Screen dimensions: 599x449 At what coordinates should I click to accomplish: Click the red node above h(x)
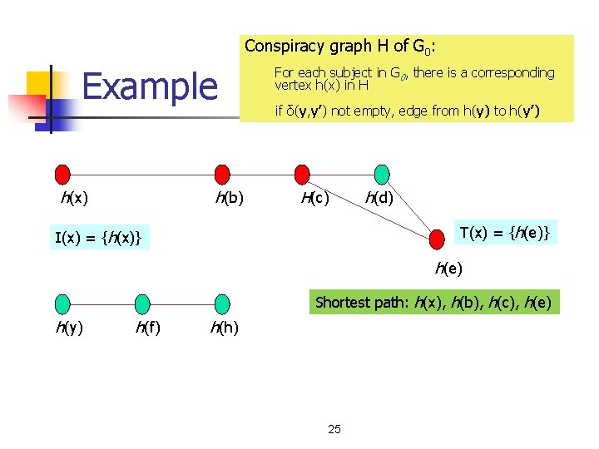coord(62,174)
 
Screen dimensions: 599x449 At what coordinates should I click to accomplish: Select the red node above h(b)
coord(222,174)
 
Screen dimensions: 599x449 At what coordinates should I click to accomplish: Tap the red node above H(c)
coord(302,174)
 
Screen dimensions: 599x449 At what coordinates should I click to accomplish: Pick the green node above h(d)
coord(382,174)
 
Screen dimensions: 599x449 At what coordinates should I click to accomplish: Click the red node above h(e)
coord(438,239)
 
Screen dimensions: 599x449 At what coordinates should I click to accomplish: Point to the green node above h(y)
coord(62,303)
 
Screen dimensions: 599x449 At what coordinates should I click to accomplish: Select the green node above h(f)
coord(142,303)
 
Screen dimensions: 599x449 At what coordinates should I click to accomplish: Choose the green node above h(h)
coord(222,303)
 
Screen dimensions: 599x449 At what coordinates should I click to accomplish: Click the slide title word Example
coord(150,86)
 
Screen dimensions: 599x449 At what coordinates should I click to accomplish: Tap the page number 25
coord(334,429)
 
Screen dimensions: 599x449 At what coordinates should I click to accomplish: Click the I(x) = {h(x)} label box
coord(98,239)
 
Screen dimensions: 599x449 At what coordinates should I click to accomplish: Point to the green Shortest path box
coord(433,302)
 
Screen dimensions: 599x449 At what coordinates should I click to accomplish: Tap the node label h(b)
coord(230,198)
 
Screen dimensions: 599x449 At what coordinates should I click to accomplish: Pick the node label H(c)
coord(315,198)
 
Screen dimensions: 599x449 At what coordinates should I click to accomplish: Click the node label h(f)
coord(148,328)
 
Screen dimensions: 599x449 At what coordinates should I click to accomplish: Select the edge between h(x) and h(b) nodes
coord(141,175)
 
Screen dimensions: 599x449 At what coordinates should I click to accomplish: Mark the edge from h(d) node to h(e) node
coord(410,207)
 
